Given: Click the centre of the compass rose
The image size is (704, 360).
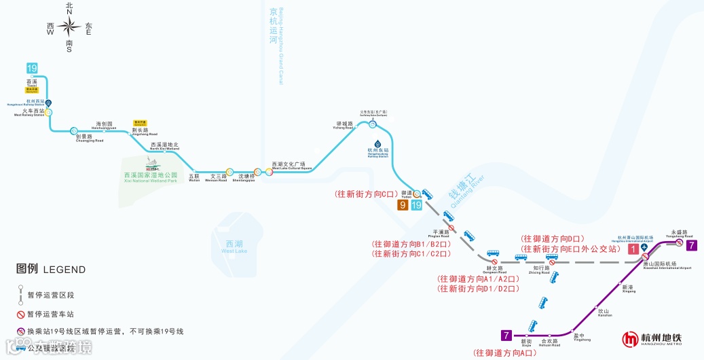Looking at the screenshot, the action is pyautogui.click(x=69, y=27).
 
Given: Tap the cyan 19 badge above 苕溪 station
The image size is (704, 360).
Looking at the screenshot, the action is pyautogui.click(x=32, y=68).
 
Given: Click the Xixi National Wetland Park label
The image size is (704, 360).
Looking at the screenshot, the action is pyautogui.click(x=150, y=177).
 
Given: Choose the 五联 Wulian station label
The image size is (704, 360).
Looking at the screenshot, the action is pyautogui.click(x=194, y=178).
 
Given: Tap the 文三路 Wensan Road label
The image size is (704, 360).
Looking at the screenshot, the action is pyautogui.click(x=217, y=178).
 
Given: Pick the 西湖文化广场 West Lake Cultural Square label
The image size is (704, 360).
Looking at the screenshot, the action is pyautogui.click(x=292, y=165).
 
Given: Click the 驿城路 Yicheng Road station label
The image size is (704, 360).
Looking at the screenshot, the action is pyautogui.click(x=344, y=125).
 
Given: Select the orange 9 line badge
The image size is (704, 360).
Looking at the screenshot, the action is pyautogui.click(x=403, y=205).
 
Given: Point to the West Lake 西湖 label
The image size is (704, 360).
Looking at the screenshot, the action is pyautogui.click(x=234, y=246).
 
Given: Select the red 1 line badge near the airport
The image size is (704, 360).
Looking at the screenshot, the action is pyautogui.click(x=633, y=249).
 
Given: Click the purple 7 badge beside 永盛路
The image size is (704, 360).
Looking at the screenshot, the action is pyautogui.click(x=691, y=245).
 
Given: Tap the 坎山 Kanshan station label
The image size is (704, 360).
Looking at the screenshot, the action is pyautogui.click(x=605, y=312).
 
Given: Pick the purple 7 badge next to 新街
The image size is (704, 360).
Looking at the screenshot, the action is pyautogui.click(x=506, y=335).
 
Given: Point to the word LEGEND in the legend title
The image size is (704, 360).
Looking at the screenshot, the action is pyautogui.click(x=64, y=270).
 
